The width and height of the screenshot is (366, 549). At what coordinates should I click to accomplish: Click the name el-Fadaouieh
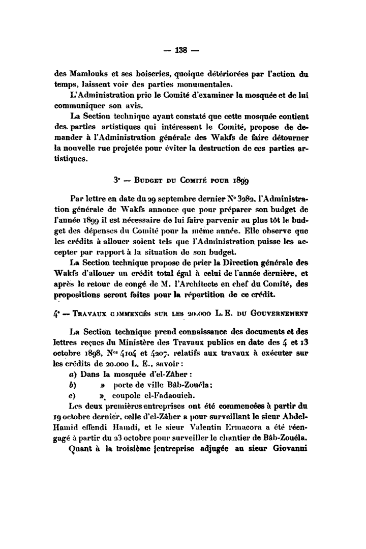coord(150,397)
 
